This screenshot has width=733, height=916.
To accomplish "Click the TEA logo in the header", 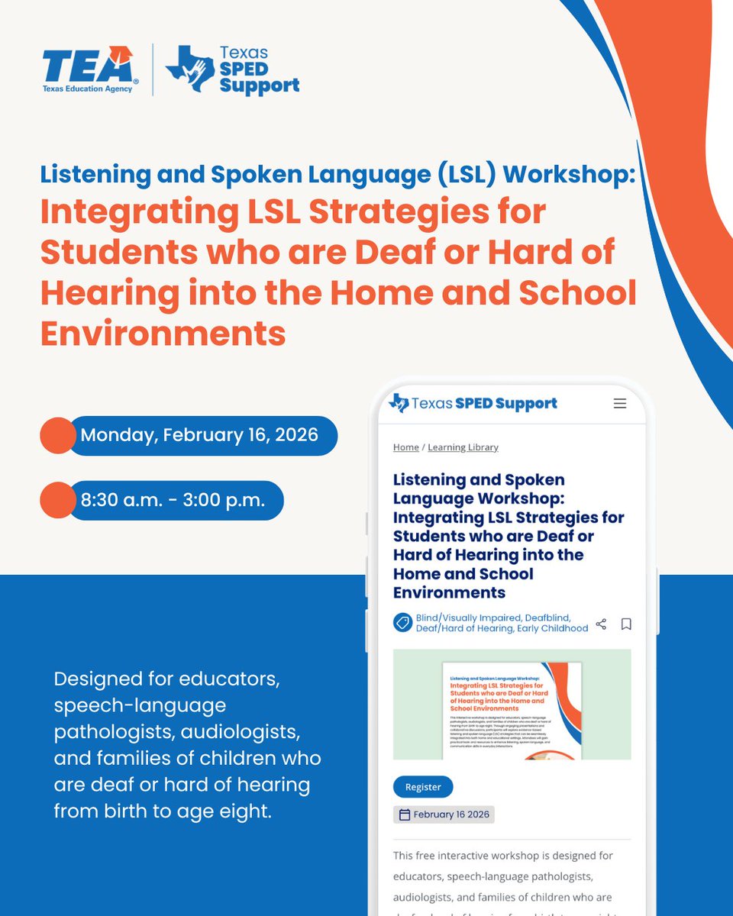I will (89, 69).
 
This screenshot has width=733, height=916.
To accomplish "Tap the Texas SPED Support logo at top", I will (233, 70).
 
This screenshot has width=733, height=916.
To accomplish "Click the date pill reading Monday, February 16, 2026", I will (200, 435).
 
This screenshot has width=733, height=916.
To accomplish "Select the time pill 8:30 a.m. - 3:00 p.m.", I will (173, 501).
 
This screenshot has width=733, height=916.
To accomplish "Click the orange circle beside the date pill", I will (57, 436).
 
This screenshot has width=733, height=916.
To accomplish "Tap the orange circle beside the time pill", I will (57, 501).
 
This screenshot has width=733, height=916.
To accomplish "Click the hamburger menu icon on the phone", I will (620, 404).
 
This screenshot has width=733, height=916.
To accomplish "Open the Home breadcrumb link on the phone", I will (405, 447).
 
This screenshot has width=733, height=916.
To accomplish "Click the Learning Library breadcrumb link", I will (463, 447).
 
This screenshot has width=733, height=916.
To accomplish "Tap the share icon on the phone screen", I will (601, 624).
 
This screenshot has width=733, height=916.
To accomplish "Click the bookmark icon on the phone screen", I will (626, 624).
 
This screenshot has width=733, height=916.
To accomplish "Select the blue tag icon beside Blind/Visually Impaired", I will (402, 623).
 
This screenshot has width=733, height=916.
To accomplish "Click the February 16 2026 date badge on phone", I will (444, 814).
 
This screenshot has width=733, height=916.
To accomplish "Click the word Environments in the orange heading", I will (163, 334).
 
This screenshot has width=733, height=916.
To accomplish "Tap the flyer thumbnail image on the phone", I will (512, 704).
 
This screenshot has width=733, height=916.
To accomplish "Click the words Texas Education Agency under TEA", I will (87, 89).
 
